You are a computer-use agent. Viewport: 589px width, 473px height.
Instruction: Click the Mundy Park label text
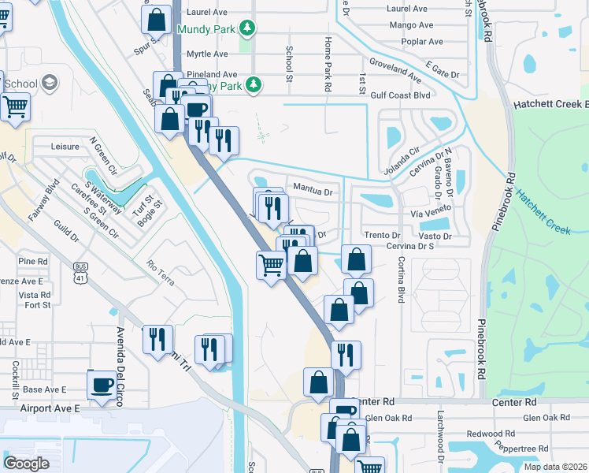206,30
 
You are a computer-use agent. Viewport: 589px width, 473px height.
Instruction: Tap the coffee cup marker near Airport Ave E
102,386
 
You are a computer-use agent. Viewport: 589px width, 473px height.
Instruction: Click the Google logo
27,464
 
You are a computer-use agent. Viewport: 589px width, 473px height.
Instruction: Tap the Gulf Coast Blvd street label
400,95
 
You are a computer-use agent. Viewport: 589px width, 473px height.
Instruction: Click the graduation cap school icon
49,83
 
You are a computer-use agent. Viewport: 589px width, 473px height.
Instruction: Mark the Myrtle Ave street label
206,54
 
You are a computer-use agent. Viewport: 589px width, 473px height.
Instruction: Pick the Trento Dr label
383,236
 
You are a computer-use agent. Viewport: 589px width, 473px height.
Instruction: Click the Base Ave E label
43,389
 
